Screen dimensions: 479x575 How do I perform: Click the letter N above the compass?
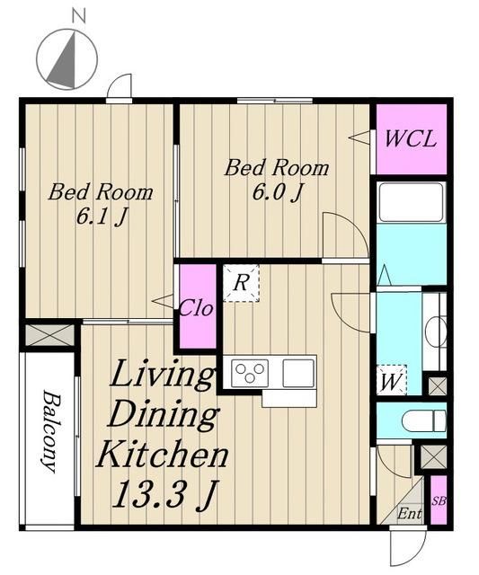79,17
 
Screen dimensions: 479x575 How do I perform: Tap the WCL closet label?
411,138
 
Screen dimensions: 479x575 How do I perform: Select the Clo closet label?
196,308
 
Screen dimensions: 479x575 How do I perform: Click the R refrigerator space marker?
241,283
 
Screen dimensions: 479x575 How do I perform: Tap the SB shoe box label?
439,501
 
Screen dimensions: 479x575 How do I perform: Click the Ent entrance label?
409,513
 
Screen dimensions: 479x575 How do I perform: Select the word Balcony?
50,431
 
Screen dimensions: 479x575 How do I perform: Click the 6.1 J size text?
102,217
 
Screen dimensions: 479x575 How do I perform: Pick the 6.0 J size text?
278,192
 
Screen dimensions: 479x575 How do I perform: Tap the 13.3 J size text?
165,495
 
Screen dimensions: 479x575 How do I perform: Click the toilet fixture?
424,421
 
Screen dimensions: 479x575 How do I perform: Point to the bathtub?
411,202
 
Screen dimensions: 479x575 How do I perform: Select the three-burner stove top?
250,373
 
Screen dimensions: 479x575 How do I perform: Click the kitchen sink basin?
298,373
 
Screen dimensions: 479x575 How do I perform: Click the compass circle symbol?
67,58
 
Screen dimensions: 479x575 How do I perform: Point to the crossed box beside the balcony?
50,335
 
